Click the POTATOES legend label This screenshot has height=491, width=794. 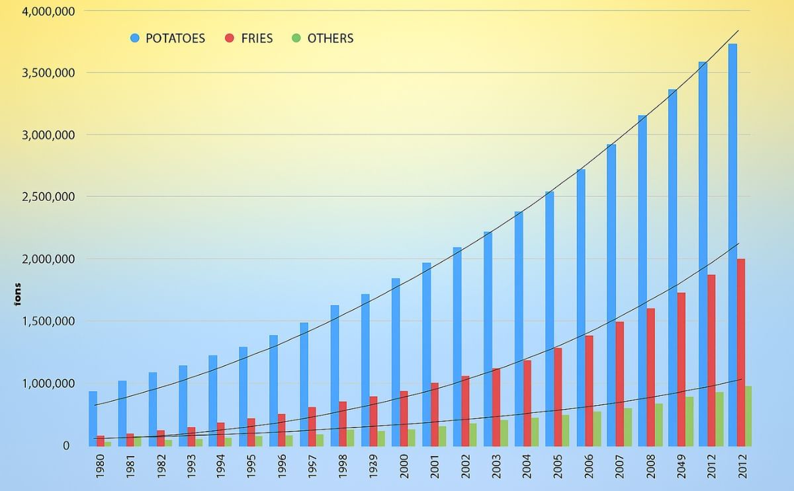pos(175,38)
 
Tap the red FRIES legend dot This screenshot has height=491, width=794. pos(230,38)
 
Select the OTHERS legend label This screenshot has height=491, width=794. pos(330,38)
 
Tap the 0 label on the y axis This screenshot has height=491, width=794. pos(66,445)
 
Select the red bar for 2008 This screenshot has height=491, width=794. pos(650,377)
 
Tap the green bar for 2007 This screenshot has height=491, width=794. pos(628,427)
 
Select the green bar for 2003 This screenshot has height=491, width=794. pos(504,433)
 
